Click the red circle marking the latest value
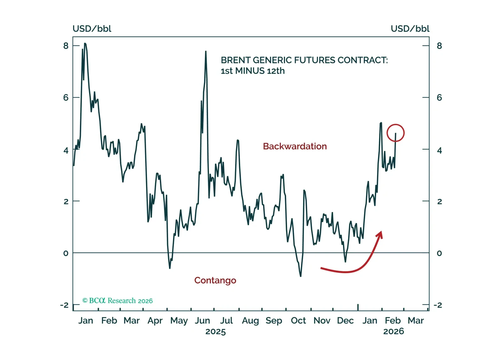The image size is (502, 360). (395, 133)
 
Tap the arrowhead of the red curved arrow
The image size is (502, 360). (380, 234)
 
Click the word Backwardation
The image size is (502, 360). (295, 146)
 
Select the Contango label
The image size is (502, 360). (215, 280)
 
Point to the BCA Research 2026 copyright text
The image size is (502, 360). (118, 301)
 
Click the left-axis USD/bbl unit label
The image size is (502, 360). (92, 29)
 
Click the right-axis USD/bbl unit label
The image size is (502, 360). (410, 29)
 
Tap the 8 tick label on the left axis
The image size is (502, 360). (66, 46)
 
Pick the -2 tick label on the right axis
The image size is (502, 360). (437, 305)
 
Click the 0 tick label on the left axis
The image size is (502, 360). (66, 253)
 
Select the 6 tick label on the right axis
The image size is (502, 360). (439, 98)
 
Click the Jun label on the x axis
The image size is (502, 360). (202, 321)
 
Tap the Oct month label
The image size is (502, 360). (298, 321)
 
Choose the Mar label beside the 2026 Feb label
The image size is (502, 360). (416, 321)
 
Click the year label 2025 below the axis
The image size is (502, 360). (216, 332)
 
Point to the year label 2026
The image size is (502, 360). (393, 331)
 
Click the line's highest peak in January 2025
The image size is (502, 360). (85, 43)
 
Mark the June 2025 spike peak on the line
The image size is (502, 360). (206, 51)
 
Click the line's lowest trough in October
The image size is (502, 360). (301, 276)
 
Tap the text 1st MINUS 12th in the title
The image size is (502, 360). (253, 71)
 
